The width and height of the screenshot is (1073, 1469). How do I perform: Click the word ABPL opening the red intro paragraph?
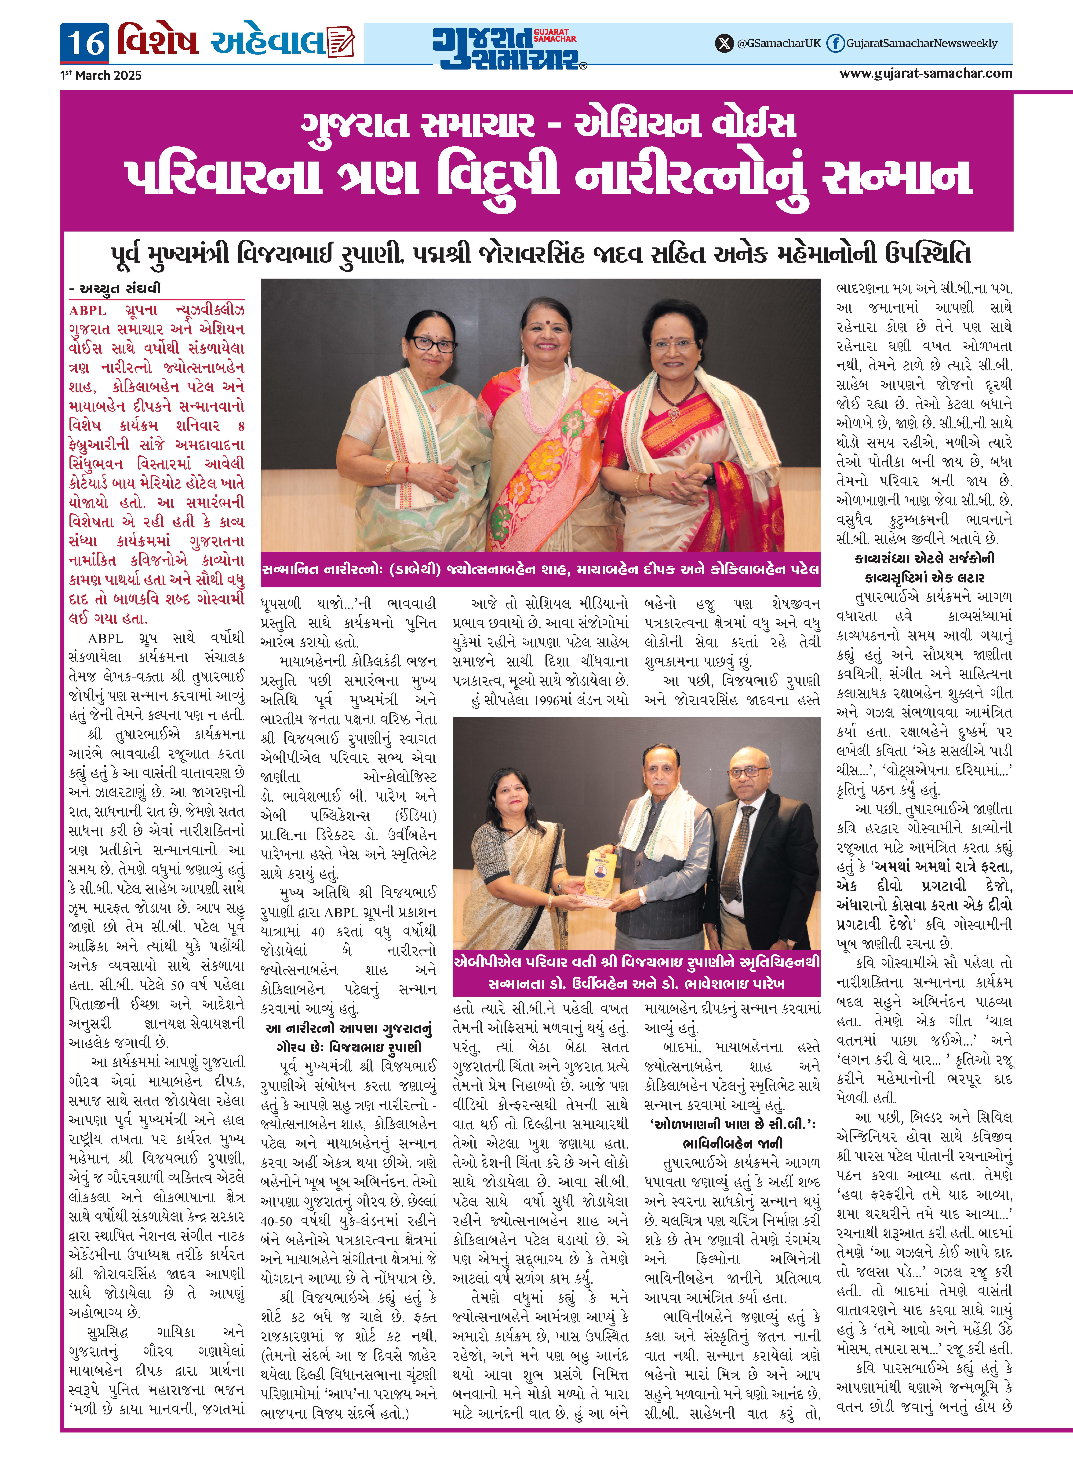point(87,311)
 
